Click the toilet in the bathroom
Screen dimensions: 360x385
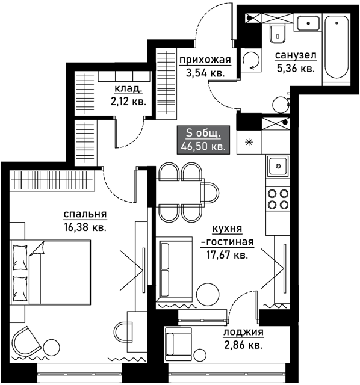[278, 33]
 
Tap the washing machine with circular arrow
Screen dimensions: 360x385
[251, 60]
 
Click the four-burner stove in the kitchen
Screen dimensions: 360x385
[278, 199]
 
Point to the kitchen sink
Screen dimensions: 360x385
[278, 166]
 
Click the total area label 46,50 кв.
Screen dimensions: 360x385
[203, 147]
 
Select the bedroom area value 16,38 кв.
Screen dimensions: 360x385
[85, 227]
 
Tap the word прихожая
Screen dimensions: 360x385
[205, 60]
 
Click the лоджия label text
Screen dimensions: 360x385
[243, 332]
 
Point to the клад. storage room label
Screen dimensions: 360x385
[128, 89]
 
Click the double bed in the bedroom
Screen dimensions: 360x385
[51, 273]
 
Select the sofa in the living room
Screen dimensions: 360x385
[174, 269]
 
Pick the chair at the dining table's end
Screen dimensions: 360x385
[209, 193]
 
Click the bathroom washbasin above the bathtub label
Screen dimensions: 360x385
[308, 23]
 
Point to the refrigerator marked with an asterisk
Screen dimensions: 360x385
[249, 142]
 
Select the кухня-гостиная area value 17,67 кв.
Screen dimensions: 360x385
[227, 255]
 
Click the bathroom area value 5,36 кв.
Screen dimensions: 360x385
[296, 69]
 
